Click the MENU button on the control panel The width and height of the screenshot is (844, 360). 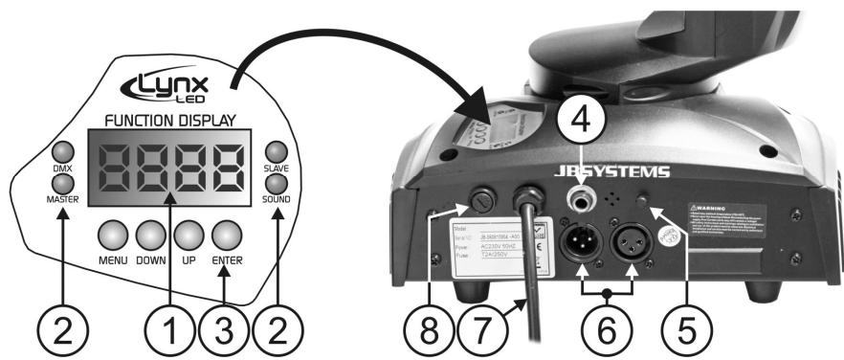click(113, 236)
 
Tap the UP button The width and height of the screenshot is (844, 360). click(189, 236)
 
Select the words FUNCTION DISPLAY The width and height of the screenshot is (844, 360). click(170, 120)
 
